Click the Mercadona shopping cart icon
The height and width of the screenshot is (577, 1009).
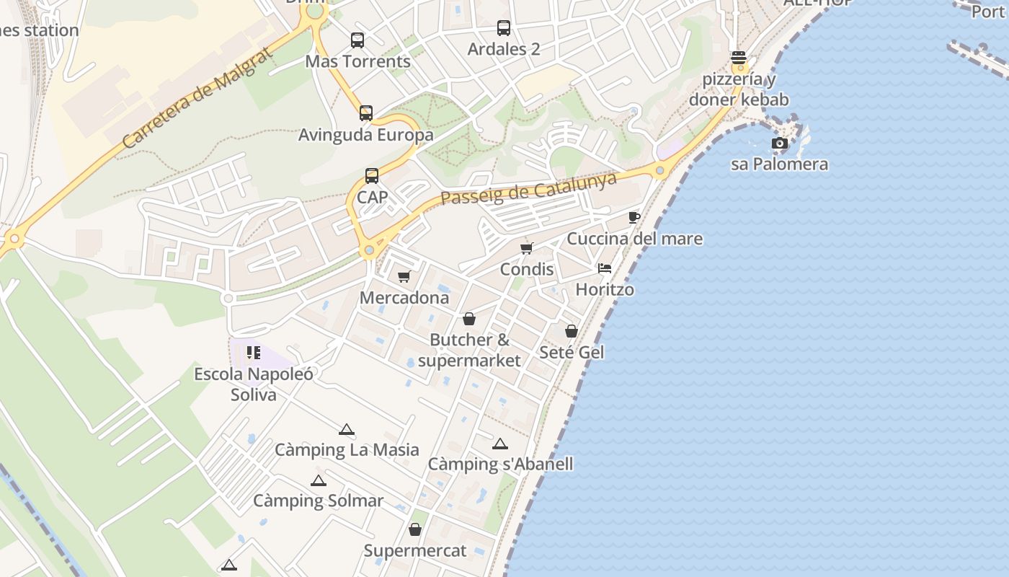pos(404,276)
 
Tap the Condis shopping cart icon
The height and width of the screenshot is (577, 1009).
pos(527,248)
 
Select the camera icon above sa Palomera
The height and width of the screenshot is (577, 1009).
pos(779,143)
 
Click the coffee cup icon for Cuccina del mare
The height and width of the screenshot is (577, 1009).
pos(634,217)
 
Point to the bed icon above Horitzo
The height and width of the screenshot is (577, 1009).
pos(605,268)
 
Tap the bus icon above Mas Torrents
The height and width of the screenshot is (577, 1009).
pos(357,40)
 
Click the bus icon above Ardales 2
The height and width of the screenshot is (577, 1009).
pos(504,28)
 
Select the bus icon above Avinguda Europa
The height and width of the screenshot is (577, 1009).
pos(366,113)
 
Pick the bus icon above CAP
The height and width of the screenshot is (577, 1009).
pos(372,176)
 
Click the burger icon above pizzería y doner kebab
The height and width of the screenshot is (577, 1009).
pos(738,58)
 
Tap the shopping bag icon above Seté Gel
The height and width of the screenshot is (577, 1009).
pos(572,331)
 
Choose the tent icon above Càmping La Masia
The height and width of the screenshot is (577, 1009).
pos(347,429)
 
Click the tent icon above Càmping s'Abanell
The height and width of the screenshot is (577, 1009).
pos(500,444)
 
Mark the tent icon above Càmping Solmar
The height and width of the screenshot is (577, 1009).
pos(319,480)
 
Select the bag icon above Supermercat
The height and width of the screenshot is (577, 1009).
pos(415,529)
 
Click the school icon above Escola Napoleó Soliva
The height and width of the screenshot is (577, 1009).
pos(253,353)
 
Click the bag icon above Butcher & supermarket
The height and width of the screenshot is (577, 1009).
pos(469,319)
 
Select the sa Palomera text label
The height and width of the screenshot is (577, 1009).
pos(779,164)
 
